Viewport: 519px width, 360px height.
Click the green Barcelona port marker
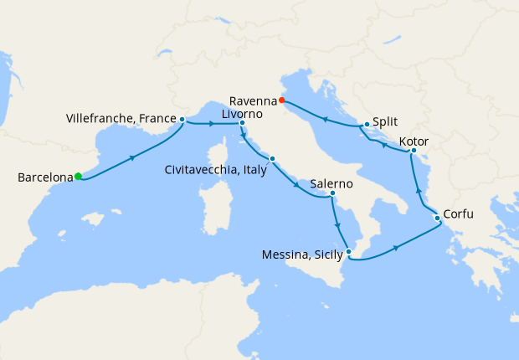(x=78, y=176)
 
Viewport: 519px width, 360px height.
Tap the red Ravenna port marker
(x=282, y=102)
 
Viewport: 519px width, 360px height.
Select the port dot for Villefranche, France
(x=182, y=120)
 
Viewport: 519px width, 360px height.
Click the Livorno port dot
(x=242, y=124)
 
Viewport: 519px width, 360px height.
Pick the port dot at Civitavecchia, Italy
(x=272, y=158)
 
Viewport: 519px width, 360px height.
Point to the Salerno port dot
(x=332, y=194)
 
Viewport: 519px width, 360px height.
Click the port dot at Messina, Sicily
(x=349, y=252)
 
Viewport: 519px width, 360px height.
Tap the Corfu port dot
(x=436, y=219)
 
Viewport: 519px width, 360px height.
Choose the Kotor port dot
(x=414, y=151)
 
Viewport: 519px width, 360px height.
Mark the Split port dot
(x=367, y=126)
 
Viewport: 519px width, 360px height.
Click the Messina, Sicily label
(x=296, y=254)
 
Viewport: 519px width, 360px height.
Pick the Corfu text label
(x=458, y=214)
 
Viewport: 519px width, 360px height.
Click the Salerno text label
(x=331, y=183)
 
